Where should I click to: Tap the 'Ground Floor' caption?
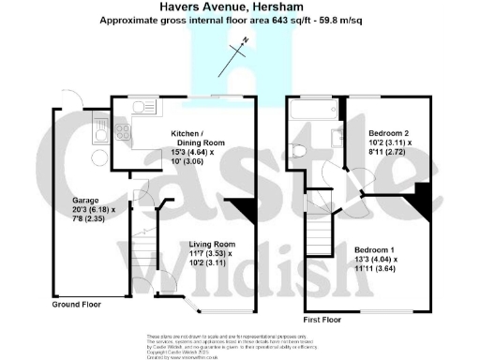pyautogui.click(x=77, y=306)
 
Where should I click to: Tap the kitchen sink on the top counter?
pyautogui.click(x=143, y=107)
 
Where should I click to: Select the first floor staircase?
pyautogui.click(x=322, y=234)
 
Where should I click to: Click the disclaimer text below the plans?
pyautogui.click(x=239, y=343)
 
